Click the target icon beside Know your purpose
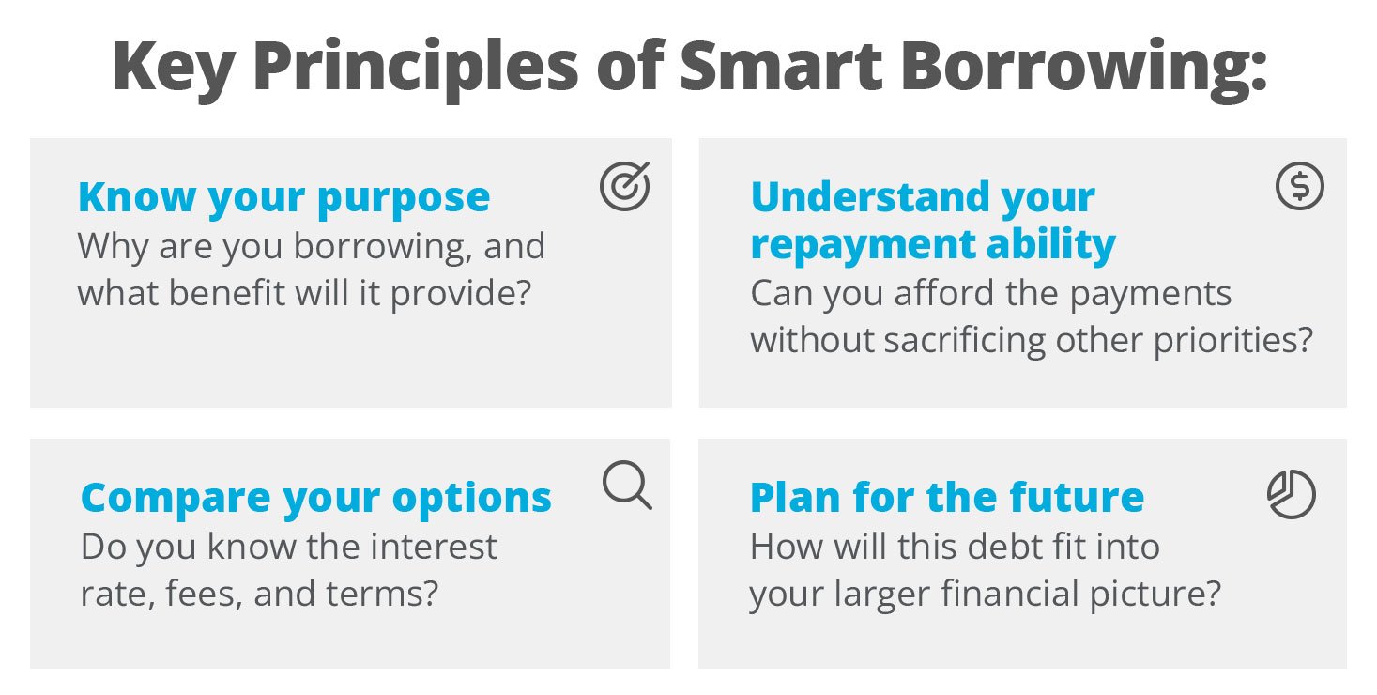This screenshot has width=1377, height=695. [x=624, y=187]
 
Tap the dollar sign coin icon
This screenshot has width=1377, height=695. [x=1300, y=186]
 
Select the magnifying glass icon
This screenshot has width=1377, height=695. [x=626, y=486]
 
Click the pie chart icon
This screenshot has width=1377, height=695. [x=1292, y=494]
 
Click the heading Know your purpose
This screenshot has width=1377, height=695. [x=283, y=197]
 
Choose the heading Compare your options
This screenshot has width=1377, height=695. [x=315, y=498]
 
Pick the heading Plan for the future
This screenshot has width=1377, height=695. [x=946, y=498]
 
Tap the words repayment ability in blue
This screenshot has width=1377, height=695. [x=933, y=244]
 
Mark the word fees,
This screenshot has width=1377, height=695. [x=193, y=595]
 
